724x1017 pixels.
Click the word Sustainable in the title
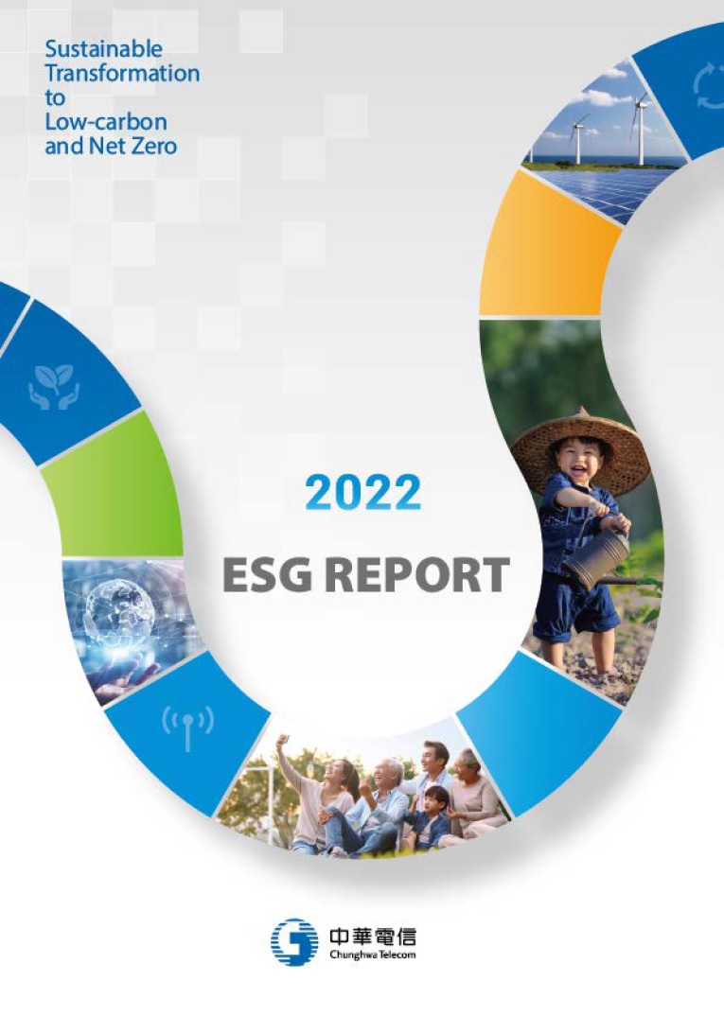pyautogui.click(x=104, y=48)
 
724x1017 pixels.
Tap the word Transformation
pyautogui.click(x=122, y=73)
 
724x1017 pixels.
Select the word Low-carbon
pyautogui.click(x=106, y=121)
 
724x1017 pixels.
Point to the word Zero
pyautogui.click(x=153, y=146)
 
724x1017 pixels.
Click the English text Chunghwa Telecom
pyautogui.click(x=372, y=955)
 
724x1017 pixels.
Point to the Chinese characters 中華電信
pyautogui.click(x=372, y=937)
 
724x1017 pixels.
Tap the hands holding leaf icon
pyautogui.click(x=54, y=387)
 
